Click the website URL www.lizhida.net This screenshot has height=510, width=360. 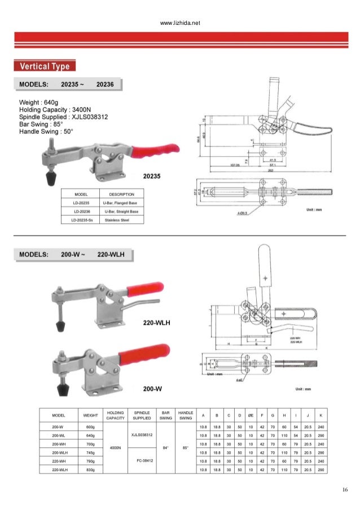tap(180, 24)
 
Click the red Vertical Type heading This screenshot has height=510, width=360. tap(45, 67)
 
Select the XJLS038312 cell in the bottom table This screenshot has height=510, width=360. tap(142, 435)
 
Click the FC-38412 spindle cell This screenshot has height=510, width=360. tap(142, 461)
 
